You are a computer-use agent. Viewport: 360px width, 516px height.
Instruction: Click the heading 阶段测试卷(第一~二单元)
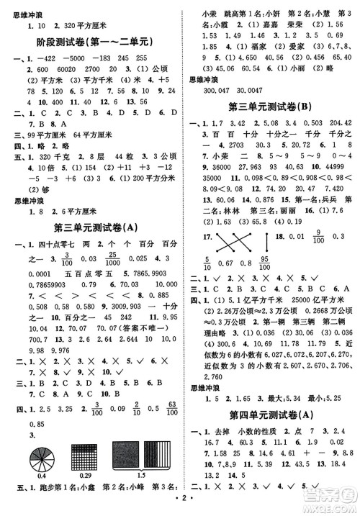[x=96, y=42]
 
